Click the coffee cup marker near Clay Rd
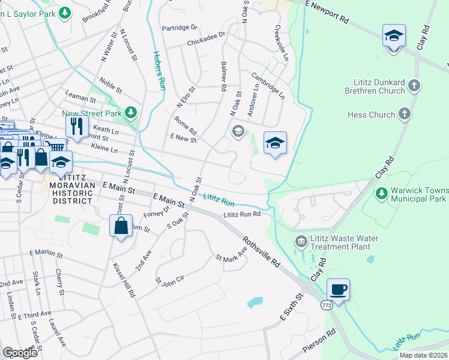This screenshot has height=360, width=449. tap(338, 290)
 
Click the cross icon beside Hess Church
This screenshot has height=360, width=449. tap(405, 114)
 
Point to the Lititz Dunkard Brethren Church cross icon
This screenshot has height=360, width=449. tap(414, 86)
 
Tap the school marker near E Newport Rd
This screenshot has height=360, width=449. tap(394, 37)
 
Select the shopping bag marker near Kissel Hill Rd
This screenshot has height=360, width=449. tap(121, 226)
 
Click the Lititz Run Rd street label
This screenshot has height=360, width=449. tap(242, 214)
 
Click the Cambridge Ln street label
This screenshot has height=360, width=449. tap(268, 84)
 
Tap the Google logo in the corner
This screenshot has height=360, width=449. tap(20, 352)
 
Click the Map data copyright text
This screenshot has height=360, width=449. tap(423, 355)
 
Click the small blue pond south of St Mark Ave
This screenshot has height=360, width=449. tap(255, 302)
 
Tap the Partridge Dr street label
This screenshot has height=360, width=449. tap(179, 28)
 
